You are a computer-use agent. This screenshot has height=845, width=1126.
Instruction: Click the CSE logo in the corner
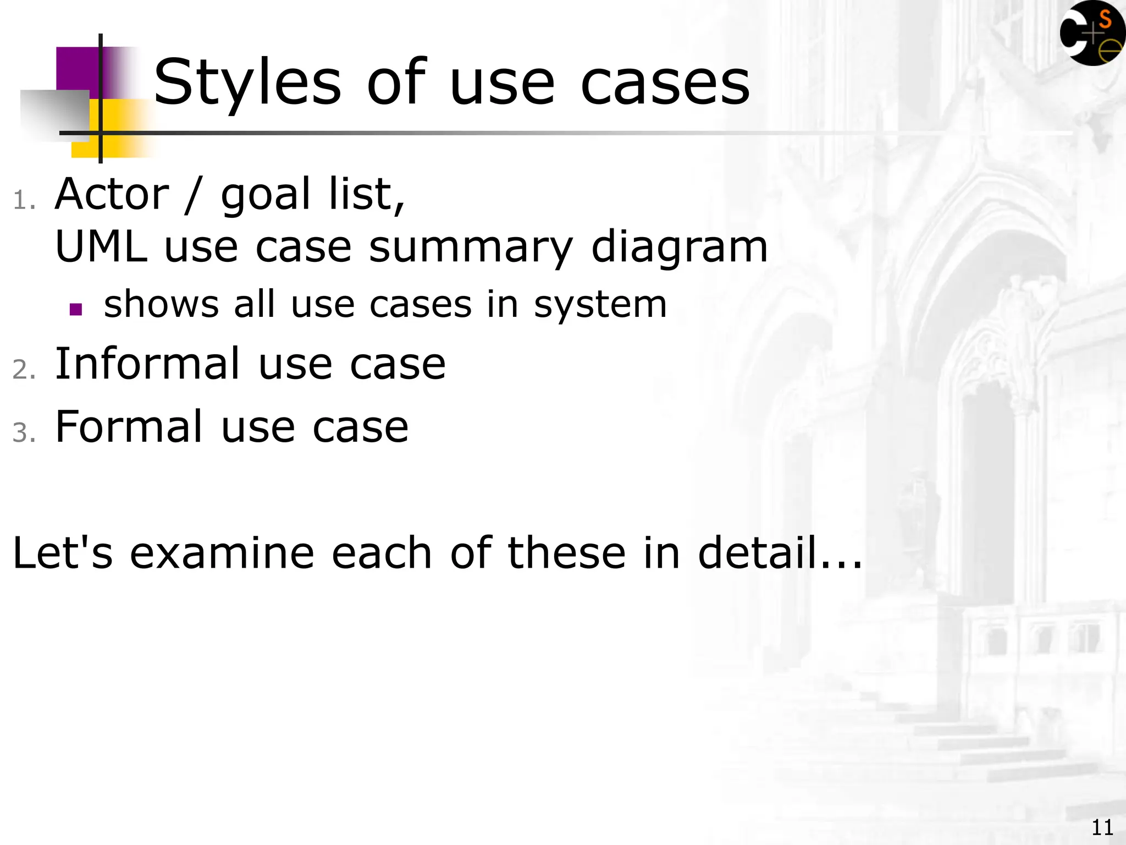tap(1092, 34)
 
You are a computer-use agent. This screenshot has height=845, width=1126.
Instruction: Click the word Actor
tap(112, 195)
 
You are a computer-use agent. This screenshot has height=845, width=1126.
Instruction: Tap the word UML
tap(101, 247)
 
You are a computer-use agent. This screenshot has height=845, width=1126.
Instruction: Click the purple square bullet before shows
tap(76, 309)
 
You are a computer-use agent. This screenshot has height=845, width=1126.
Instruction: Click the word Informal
tap(148, 364)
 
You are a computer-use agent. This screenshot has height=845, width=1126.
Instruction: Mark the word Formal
tap(129, 427)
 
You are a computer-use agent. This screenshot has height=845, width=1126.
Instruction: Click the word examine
tap(222, 553)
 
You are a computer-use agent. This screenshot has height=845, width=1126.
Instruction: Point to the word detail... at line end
tap(780, 553)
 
